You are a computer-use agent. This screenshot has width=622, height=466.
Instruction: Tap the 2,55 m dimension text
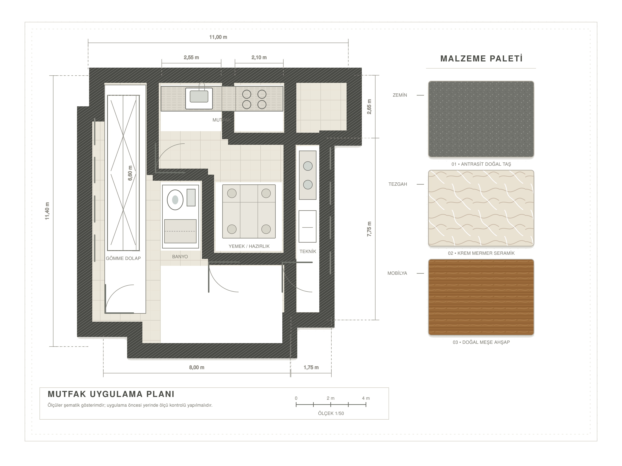(191, 58)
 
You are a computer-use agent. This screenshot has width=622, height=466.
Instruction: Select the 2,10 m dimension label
(259, 58)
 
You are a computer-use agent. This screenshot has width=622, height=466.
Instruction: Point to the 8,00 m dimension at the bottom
(197, 367)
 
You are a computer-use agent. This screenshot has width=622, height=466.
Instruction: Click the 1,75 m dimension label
(311, 367)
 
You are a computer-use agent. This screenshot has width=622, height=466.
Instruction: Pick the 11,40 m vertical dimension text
(47, 211)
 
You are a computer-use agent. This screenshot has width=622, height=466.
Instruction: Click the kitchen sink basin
(199, 96)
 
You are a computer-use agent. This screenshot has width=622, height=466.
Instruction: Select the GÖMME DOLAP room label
(123, 258)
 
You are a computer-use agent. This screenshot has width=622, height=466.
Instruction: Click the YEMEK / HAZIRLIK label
(249, 246)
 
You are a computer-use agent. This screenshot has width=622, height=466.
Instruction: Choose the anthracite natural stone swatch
(481, 119)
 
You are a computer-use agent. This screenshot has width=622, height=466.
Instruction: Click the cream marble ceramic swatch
(481, 208)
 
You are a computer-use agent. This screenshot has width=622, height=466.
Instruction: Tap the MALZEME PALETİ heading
(481, 59)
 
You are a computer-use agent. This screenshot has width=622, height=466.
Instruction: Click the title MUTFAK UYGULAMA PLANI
(111, 394)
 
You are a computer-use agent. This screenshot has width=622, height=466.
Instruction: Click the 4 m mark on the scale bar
(366, 398)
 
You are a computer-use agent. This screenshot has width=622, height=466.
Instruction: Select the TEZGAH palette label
(398, 184)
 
